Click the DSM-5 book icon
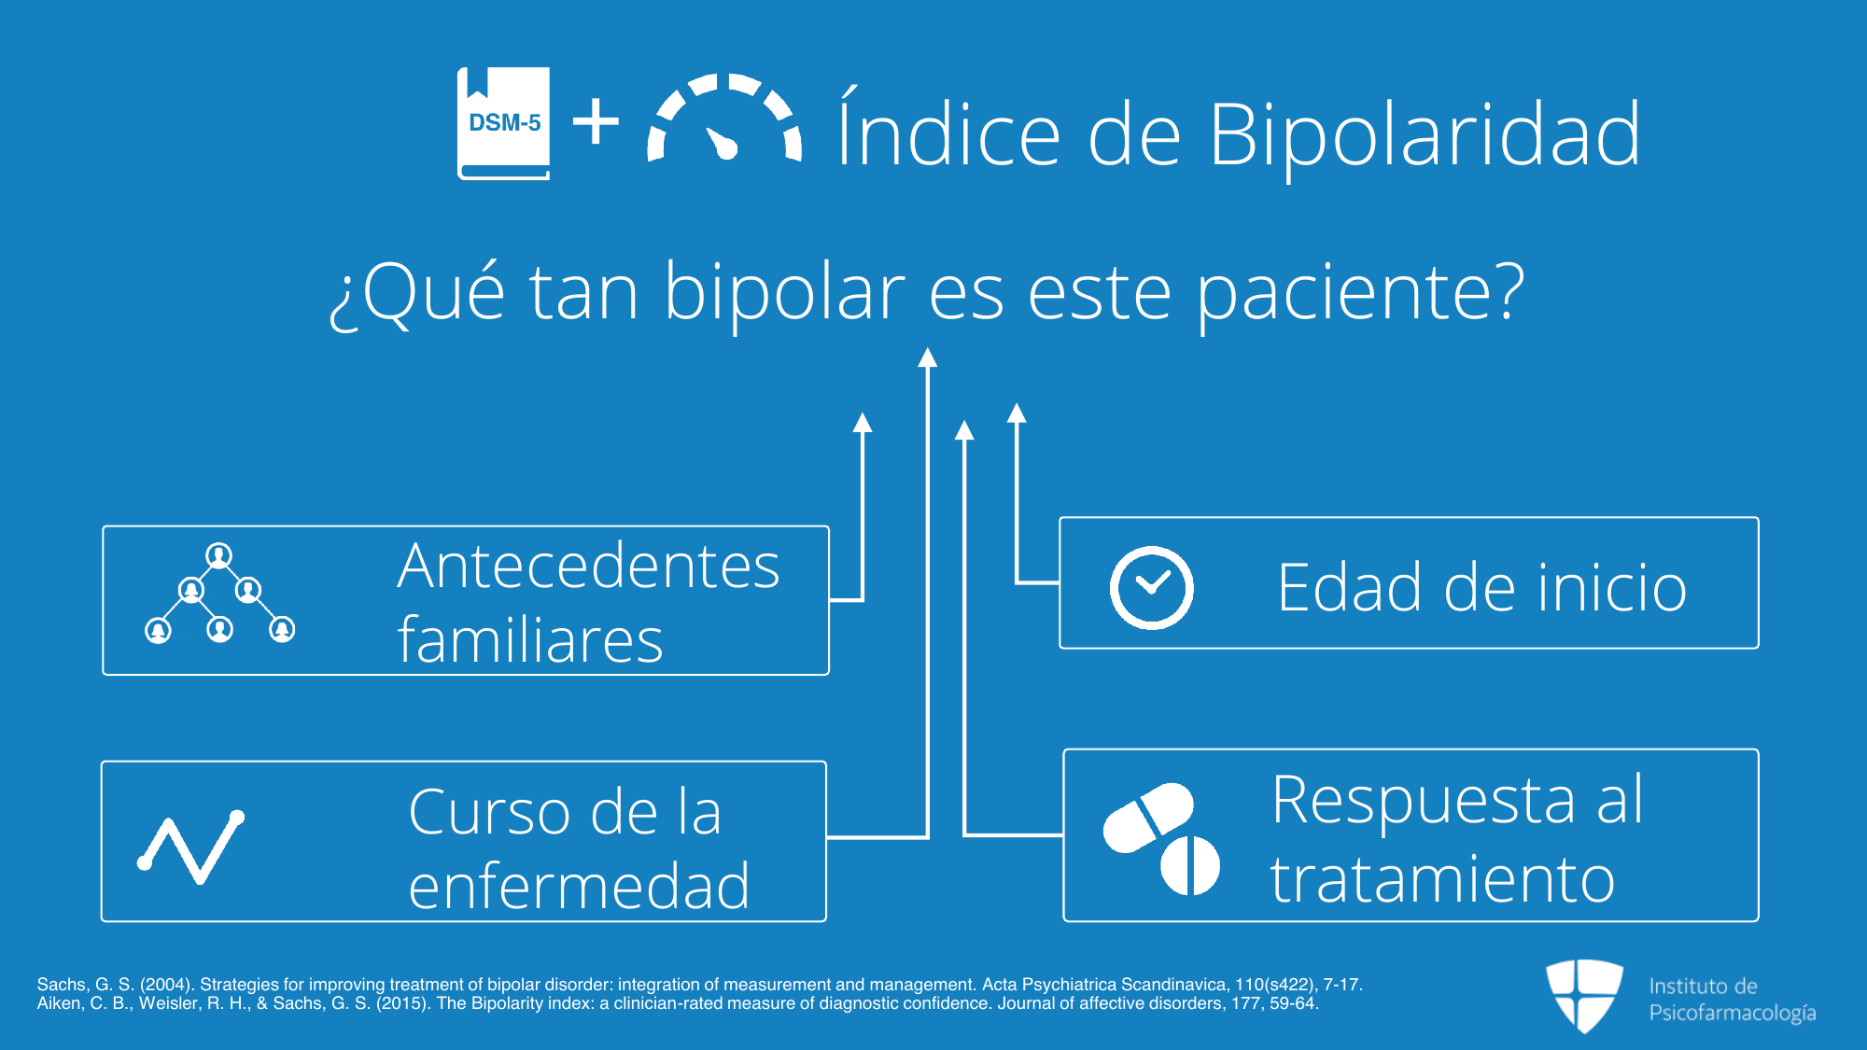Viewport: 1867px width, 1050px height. pyautogui.click(x=503, y=123)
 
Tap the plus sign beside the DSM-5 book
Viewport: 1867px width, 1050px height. pyautogui.click(x=596, y=122)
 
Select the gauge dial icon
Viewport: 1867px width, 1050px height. pyautogui.click(x=724, y=118)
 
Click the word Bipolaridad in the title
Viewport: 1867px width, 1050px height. pyautogui.click(x=1425, y=134)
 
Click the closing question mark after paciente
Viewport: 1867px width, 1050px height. pyautogui.click(x=1504, y=290)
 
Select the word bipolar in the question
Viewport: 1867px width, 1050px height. pyautogui.click(x=784, y=294)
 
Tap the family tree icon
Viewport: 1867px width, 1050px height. pyautogui.click(x=219, y=594)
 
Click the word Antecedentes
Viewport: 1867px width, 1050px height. pyautogui.click(x=588, y=567)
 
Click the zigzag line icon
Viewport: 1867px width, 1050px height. pyautogui.click(x=191, y=847)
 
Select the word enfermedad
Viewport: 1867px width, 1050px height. pyautogui.click(x=579, y=886)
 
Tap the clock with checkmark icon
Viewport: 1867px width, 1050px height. pyautogui.click(x=1151, y=588)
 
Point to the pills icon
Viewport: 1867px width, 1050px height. pyautogui.click(x=1161, y=838)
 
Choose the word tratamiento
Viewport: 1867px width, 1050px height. pyautogui.click(x=1442, y=879)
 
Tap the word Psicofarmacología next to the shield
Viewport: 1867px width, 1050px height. pyautogui.click(x=1733, y=1014)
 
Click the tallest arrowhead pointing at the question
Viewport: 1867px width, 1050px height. pyautogui.click(x=927, y=357)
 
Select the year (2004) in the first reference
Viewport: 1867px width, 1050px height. pyautogui.click(x=165, y=985)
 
